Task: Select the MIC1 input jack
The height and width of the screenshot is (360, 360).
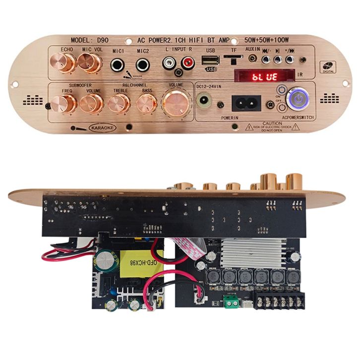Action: pyautogui.click(x=118, y=64)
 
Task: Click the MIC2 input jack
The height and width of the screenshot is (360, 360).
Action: pyautogui.click(x=143, y=64)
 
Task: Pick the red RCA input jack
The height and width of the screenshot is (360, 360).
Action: pyautogui.click(x=188, y=63)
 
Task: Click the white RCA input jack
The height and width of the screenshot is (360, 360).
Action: pyautogui.click(x=169, y=63)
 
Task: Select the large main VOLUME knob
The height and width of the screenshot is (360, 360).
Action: pyautogui.click(x=176, y=102)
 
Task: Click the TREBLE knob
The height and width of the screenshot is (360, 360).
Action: pyautogui.click(x=119, y=103)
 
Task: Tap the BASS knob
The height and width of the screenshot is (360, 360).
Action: pyautogui.click(x=147, y=103)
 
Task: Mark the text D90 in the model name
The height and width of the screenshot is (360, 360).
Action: pyautogui.click(x=103, y=39)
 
